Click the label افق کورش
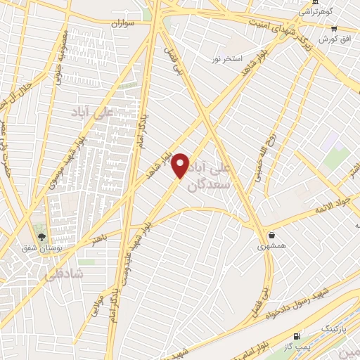coord(334,39)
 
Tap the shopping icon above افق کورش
coord(335,29)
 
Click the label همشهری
coord(271,247)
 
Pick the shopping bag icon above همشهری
coord(271,236)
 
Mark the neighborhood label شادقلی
coord(64,275)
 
